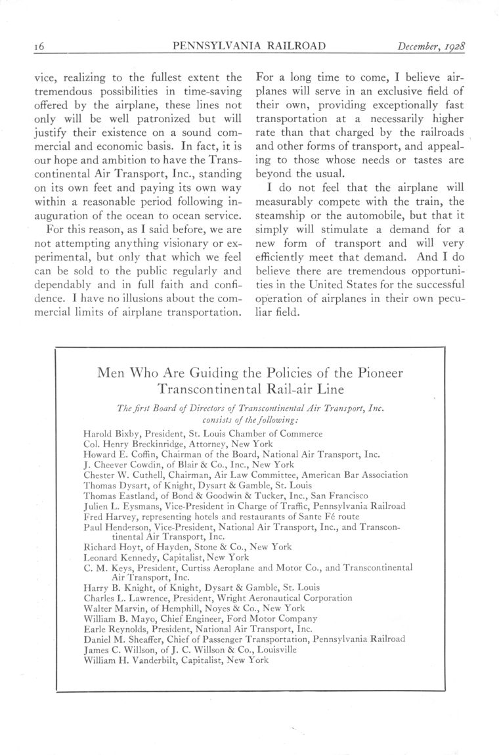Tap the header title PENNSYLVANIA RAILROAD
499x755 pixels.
pyautogui.click(x=250, y=46)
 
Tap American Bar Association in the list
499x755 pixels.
pyautogui.click(x=353, y=475)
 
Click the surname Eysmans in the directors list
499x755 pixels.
pyautogui.click(x=145, y=506)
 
